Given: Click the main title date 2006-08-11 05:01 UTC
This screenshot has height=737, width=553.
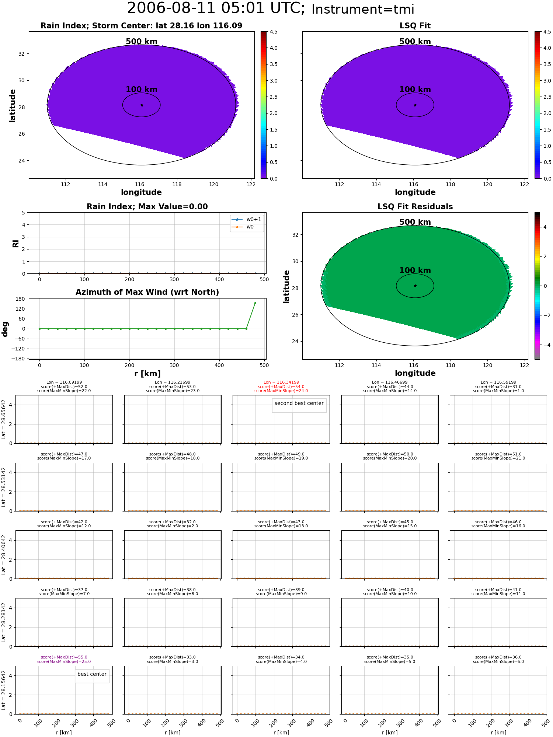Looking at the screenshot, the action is pyautogui.click(x=216, y=8).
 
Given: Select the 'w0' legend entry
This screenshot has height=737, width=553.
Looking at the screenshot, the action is pyautogui.click(x=250, y=227).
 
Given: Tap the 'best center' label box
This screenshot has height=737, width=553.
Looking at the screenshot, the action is pyautogui.click(x=92, y=674).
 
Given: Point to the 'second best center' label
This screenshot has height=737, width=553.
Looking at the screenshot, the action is pyautogui.click(x=299, y=403).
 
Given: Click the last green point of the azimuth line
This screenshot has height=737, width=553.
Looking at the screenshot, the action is pyautogui.click(x=255, y=303).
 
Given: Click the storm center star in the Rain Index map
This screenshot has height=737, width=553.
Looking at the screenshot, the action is pyautogui.click(x=142, y=105).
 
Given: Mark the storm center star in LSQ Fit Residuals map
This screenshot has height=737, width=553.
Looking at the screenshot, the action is pyautogui.click(x=415, y=286).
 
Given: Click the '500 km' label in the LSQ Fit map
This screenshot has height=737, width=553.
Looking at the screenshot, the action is pyautogui.click(x=415, y=42).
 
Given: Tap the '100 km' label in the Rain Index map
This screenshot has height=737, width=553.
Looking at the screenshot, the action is pyautogui.click(x=142, y=90).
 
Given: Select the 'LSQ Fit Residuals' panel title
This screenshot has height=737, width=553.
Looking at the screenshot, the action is pyautogui.click(x=415, y=207).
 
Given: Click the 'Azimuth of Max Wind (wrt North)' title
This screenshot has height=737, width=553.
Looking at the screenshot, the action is pyautogui.click(x=147, y=292).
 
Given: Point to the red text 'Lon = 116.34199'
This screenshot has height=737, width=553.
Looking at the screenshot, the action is pyautogui.click(x=281, y=383).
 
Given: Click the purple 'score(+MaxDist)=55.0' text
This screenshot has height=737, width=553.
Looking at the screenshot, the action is pyautogui.click(x=64, y=657).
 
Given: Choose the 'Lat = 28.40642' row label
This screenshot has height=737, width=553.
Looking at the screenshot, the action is pyautogui.click(x=4, y=555).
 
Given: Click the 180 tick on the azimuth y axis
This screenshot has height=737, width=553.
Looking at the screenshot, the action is pyautogui.click(x=21, y=299).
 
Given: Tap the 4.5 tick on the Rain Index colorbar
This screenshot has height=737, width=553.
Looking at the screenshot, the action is pyautogui.click(x=274, y=32).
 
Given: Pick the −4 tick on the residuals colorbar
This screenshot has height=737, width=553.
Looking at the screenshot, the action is pyautogui.click(x=545, y=345).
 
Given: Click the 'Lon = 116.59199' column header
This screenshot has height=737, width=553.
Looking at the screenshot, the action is pyautogui.click(x=498, y=383).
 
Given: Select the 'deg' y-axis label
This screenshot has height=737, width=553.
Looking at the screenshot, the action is pyautogui.click(x=5, y=329).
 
